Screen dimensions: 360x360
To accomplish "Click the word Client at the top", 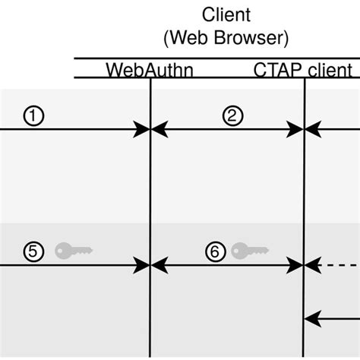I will [x=226, y=14].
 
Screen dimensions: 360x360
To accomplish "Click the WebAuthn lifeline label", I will [x=150, y=71].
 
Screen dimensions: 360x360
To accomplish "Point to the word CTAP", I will [x=274, y=71].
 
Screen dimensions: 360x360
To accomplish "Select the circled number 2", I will [x=232, y=115].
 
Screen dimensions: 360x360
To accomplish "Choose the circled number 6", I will [x=216, y=251].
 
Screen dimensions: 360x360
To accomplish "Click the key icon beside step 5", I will [x=74, y=250].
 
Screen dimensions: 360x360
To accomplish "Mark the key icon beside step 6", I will [x=250, y=250].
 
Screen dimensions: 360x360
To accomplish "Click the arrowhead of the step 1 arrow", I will [x=143, y=130].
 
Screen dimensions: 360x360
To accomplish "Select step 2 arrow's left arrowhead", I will [x=159, y=130].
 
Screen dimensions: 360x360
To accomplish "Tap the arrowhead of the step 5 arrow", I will [x=143, y=265].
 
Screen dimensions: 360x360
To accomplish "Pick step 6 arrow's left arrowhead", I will [x=159, y=265].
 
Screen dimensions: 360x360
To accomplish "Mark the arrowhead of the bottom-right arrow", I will [x=312, y=319].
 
